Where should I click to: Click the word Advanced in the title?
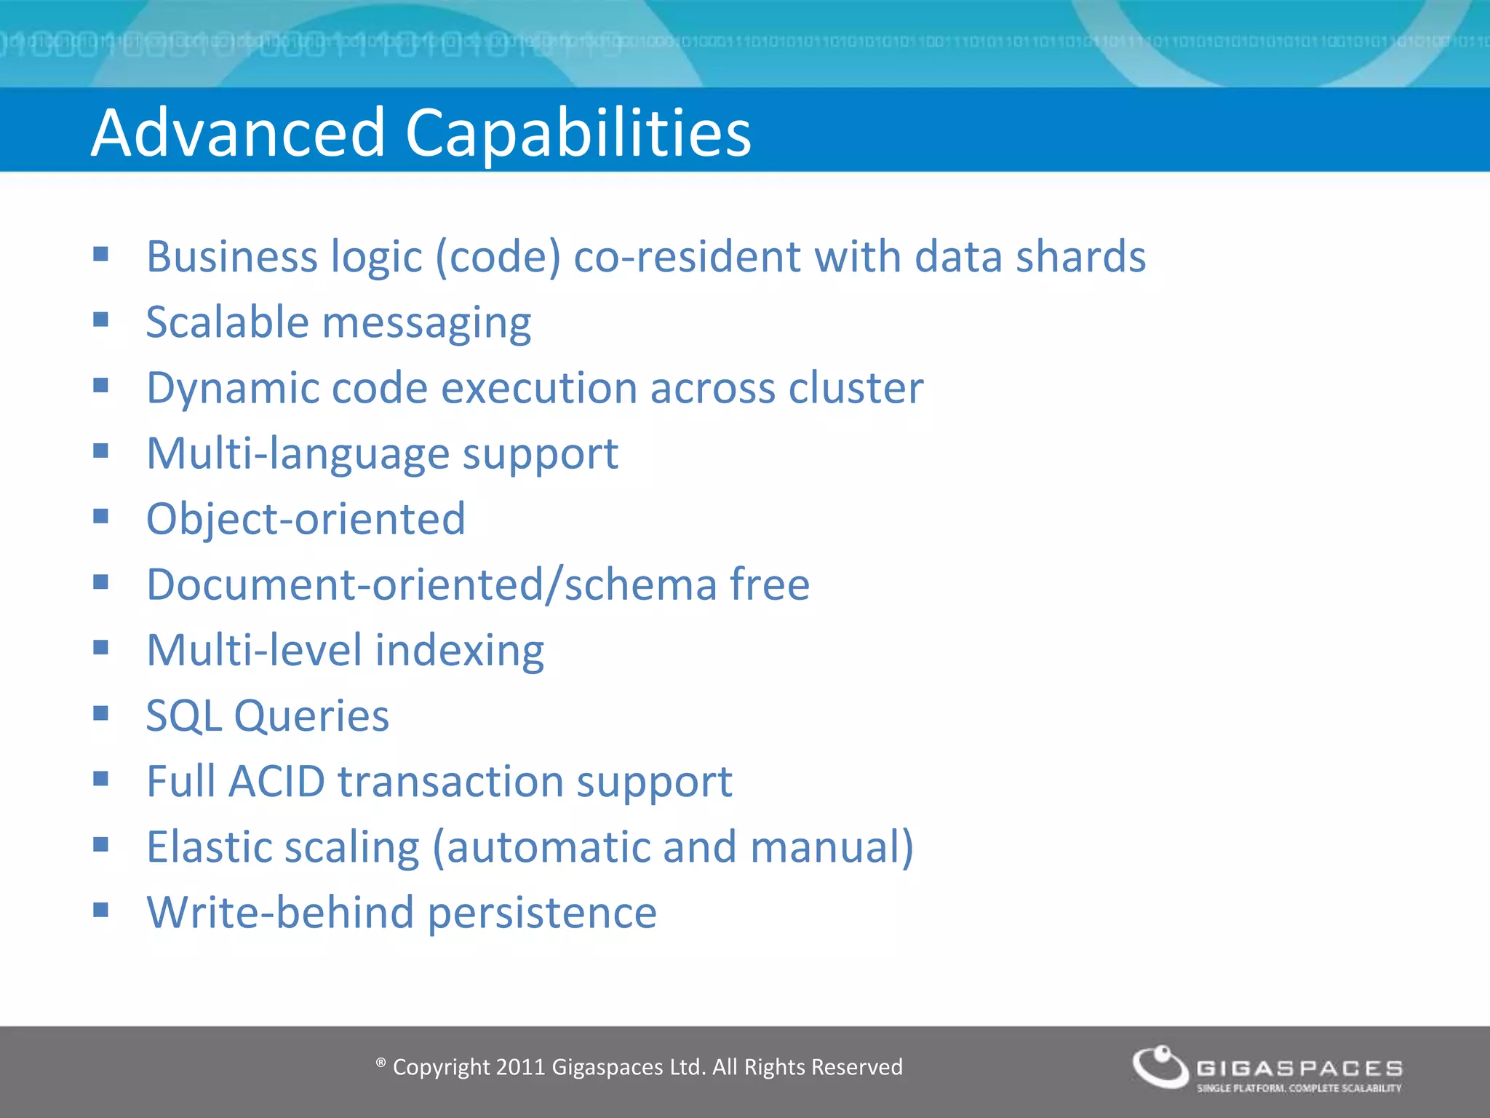(238, 132)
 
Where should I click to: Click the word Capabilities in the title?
(578, 134)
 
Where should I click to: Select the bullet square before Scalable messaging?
(100, 320)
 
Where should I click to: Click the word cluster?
(856, 388)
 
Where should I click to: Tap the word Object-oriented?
(306, 519)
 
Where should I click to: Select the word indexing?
(459, 651)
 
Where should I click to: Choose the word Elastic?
(208, 847)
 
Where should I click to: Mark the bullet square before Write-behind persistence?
(100, 910)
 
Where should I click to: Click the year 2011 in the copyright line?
(520, 1067)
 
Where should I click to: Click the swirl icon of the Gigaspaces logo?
(1160, 1067)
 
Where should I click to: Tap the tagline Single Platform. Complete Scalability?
(1299, 1088)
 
